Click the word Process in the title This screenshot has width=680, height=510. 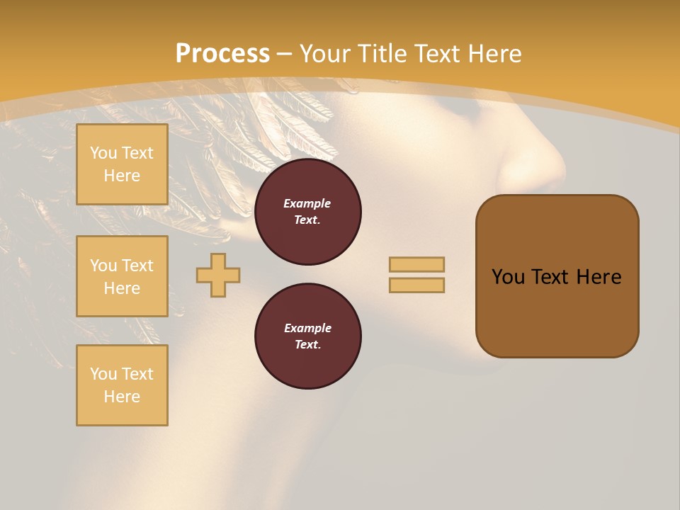click(222, 54)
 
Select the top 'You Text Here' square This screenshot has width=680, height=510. click(122, 164)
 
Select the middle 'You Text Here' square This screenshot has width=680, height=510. click(122, 276)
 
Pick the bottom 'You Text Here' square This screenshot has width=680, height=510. click(122, 385)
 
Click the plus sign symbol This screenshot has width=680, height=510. click(218, 275)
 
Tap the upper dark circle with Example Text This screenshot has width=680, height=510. click(307, 212)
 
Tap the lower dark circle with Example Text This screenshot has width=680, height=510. click(307, 336)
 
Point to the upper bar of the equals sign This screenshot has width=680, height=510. click(416, 264)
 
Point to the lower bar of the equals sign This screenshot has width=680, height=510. click(416, 285)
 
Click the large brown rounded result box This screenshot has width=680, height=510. click(557, 312)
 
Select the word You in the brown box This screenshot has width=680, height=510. click(508, 277)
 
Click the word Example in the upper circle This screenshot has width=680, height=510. click(307, 203)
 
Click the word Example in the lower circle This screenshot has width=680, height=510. click(307, 328)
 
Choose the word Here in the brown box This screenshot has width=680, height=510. click(599, 277)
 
